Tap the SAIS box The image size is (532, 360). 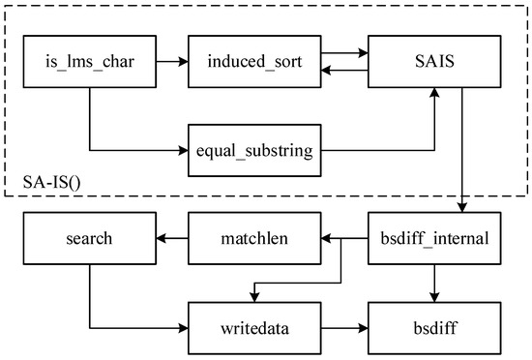pos(432,62)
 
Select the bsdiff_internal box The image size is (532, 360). pos(432,237)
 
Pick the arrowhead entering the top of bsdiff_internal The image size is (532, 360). pos(463,206)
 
